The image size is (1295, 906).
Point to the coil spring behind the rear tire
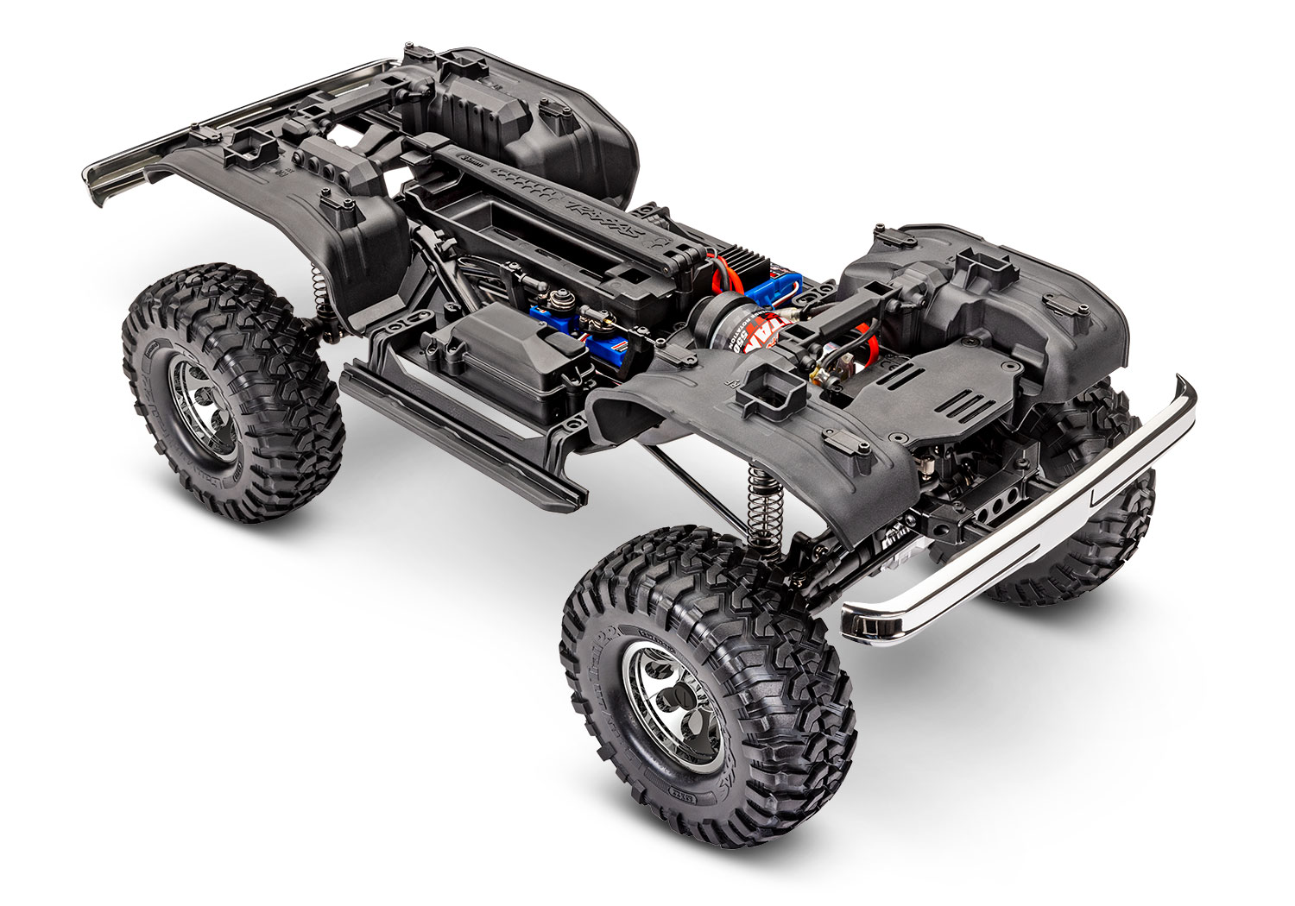click(x=318, y=285)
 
